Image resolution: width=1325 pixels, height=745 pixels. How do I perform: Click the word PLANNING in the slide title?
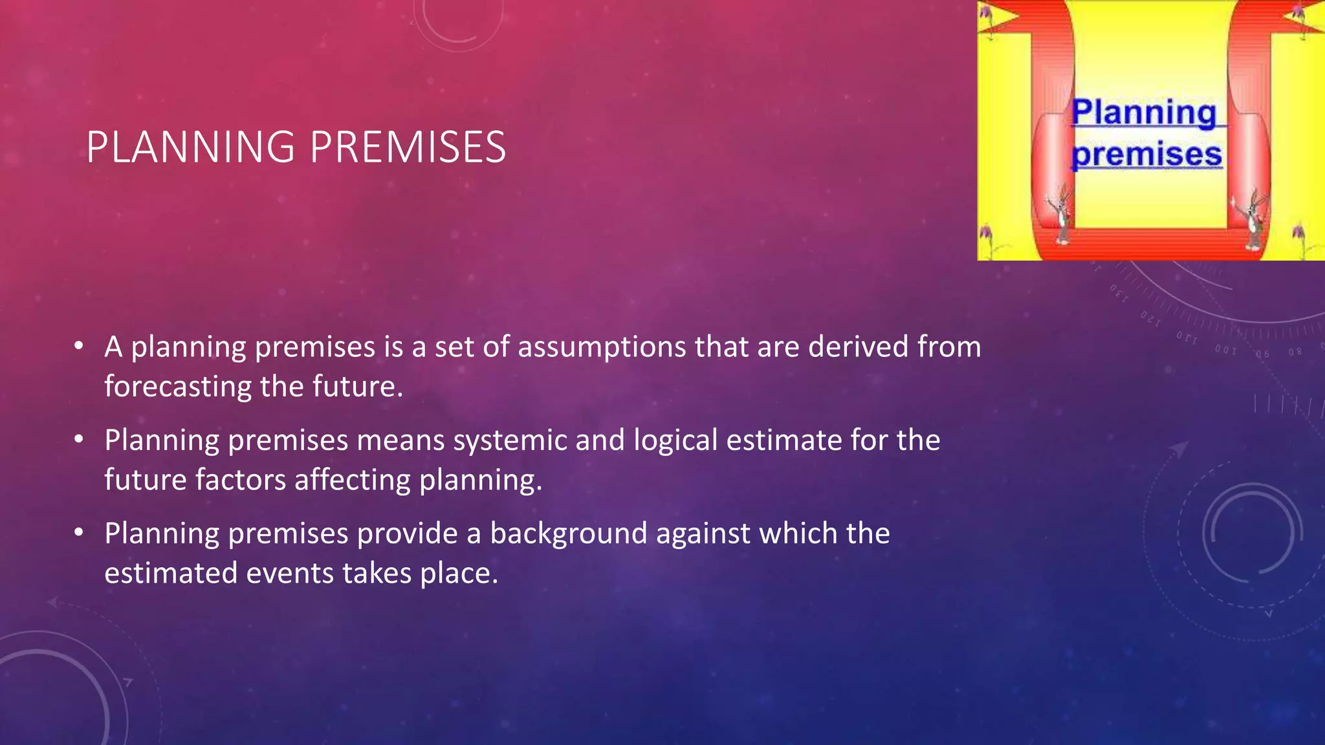point(191,147)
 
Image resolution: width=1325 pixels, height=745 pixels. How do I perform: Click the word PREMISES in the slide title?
point(408,147)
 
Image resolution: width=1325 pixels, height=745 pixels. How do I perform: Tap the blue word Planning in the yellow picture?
point(1144,113)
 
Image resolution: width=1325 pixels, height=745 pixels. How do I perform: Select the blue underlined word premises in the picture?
point(1146,155)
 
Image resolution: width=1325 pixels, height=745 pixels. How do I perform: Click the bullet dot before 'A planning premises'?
point(78,346)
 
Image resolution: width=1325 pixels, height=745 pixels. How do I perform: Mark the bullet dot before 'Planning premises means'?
point(78,440)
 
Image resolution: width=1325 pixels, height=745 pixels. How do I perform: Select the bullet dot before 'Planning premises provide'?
point(78,533)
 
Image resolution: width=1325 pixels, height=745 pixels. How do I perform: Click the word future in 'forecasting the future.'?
point(354,387)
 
